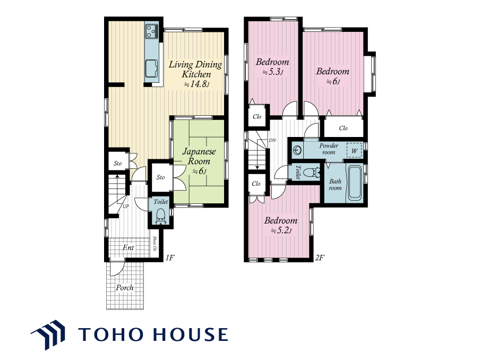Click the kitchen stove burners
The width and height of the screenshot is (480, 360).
152,31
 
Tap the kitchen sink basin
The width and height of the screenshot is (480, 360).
151,68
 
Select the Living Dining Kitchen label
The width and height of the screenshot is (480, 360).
195,74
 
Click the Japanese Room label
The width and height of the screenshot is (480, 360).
199,161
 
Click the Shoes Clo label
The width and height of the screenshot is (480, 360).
155,244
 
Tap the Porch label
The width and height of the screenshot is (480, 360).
125,288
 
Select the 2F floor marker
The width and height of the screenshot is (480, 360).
319,258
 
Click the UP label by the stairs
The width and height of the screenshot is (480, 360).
126,207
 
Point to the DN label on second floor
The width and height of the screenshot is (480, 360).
272,140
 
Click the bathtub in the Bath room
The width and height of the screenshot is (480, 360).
355,183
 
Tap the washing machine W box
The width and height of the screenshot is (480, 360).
354,151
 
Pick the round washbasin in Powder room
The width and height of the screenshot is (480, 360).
297,150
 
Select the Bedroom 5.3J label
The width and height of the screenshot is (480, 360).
272,67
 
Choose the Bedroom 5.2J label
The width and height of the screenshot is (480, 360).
281,225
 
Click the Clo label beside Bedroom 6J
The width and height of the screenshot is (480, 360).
343,128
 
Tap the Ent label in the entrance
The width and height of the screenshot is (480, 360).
128,247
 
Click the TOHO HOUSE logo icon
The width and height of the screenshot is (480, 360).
49,335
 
